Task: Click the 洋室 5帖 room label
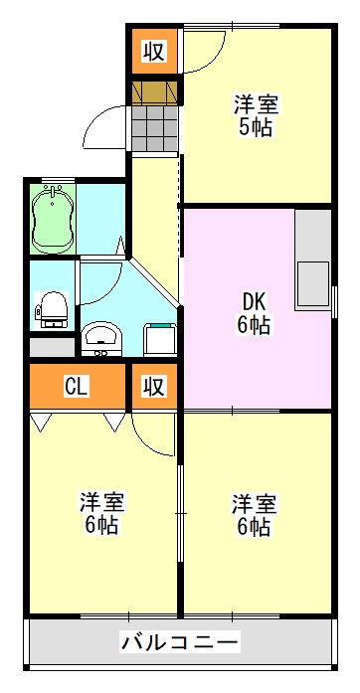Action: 256,115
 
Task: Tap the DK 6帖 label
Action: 253,312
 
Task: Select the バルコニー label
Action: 179,641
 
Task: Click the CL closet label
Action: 77,386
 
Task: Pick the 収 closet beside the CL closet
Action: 153,386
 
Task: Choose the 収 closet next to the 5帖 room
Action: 153,50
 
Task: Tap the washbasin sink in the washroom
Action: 99,337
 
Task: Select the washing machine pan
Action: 159,338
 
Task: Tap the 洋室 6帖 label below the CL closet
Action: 100,512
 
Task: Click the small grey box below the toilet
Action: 52,348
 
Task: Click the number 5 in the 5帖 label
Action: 244,127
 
